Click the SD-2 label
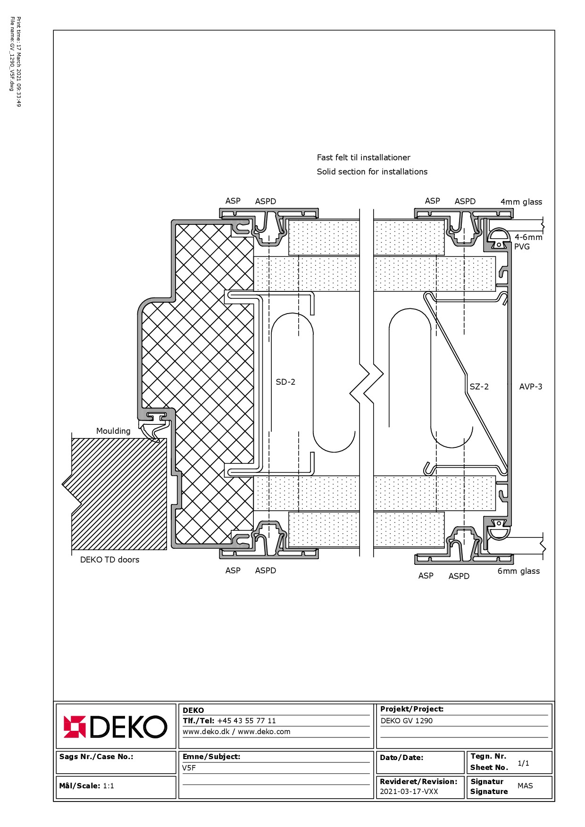tap(285, 382)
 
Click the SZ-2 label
tap(479, 387)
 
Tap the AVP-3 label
tap(531, 387)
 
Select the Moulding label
tap(113, 431)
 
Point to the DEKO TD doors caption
tap(109, 560)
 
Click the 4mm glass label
tap(521, 202)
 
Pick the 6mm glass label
tap(518, 571)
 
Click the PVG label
tap(522, 247)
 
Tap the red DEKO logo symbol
tap(75, 727)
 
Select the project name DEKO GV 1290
tap(407, 720)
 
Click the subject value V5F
tap(189, 768)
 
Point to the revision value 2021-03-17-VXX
tap(409, 791)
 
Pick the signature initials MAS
tap(525, 786)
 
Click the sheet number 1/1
tap(523, 763)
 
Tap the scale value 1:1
tap(109, 786)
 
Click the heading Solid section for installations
tap(372, 172)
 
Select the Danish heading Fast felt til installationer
tap(364, 157)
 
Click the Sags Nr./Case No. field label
tap(96, 756)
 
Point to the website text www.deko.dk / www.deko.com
tap(237, 731)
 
